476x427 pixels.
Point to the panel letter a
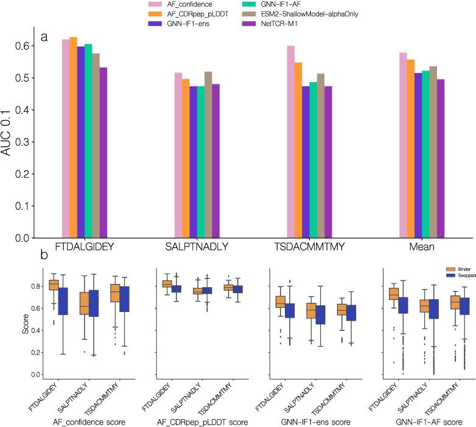(x=44, y=37)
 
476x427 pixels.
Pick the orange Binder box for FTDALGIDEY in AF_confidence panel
(x=54, y=285)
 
